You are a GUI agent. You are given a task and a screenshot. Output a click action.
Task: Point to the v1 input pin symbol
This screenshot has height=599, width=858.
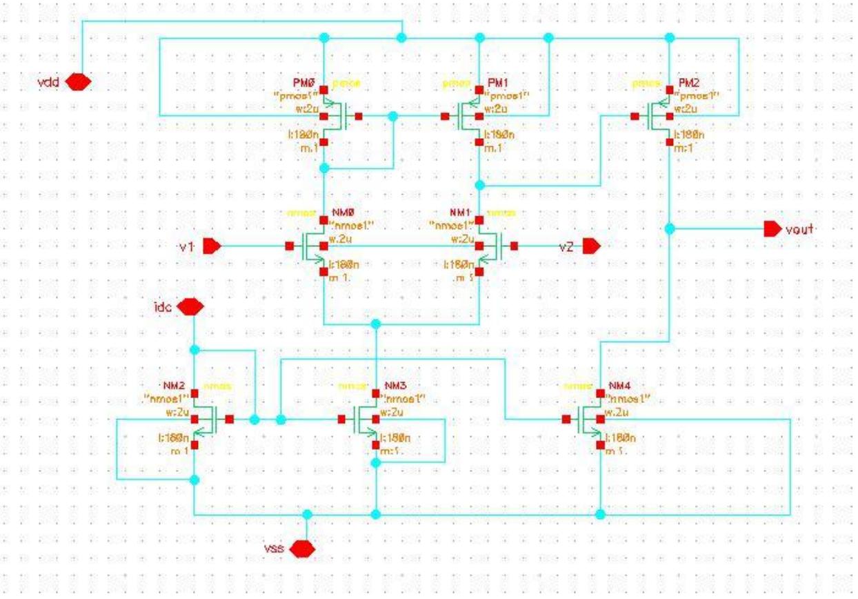click(212, 246)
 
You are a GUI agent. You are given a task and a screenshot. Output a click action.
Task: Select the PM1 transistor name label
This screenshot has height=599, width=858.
click(496, 82)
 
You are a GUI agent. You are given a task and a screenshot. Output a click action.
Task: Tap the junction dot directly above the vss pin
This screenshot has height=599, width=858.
click(308, 514)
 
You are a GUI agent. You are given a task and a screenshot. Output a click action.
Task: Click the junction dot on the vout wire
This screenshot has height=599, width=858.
click(670, 228)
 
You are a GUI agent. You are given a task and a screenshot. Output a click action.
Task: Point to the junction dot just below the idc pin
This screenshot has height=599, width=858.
click(194, 349)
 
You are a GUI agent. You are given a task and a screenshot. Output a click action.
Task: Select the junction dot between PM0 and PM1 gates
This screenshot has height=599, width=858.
click(393, 117)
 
